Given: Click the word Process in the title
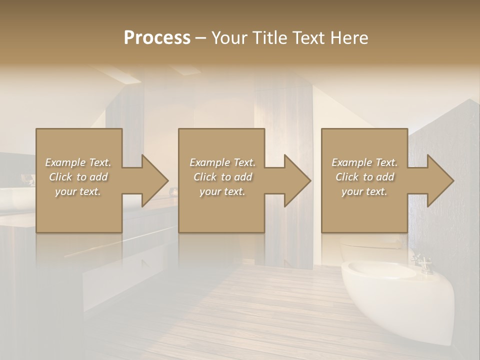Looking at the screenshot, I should pos(157,38).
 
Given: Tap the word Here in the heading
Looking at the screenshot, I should pos(349,38).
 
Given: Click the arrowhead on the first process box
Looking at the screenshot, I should pos(152,180).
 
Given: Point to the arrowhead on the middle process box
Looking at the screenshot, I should pos(295,180).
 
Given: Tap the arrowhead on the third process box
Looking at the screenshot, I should pos(438,180).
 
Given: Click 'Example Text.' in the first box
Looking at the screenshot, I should pos(78,162).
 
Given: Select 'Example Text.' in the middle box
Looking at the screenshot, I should pos(222,162).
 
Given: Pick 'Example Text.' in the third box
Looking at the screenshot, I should pos(364,162).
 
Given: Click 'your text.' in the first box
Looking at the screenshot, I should pos(78,191).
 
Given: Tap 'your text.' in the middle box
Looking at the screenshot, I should pos(222,191).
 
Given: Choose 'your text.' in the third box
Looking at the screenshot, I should pos(364,191).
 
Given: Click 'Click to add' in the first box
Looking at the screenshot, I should pos(78,177).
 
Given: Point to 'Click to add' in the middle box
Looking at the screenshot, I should pos(222,177).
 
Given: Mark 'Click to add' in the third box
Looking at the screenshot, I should pos(364,177).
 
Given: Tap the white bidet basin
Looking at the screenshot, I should pos(385,272).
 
